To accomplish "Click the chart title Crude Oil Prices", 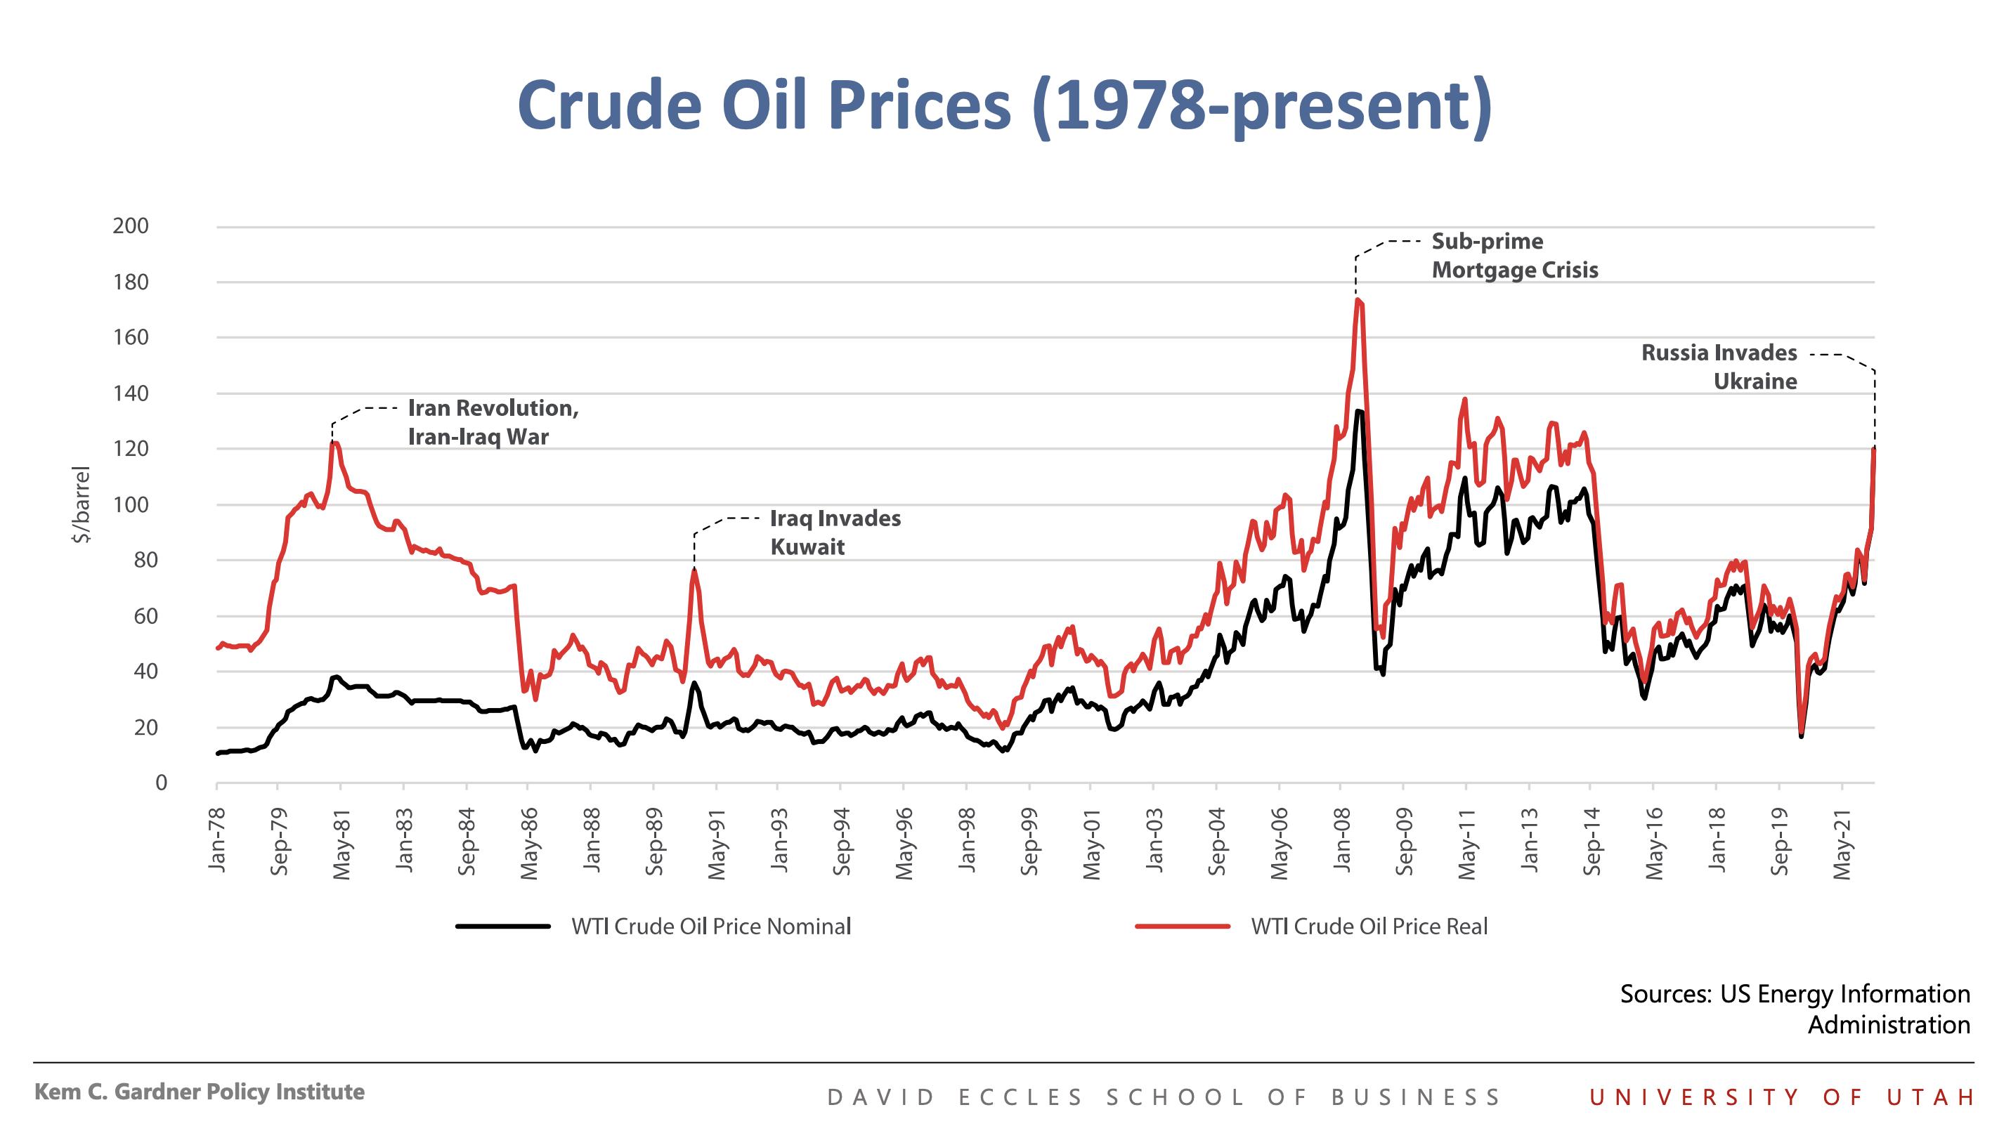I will (x=1004, y=105).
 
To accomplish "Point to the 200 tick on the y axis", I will (x=131, y=226).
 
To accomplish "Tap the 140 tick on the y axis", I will (x=131, y=393).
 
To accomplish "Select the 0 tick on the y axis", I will (x=161, y=783).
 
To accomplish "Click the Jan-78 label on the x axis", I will (x=217, y=840).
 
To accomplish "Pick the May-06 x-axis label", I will (x=1279, y=844).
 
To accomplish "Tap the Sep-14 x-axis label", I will (x=1592, y=843).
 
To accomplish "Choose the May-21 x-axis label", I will (x=1842, y=844).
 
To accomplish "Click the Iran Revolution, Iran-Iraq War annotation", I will (x=493, y=422).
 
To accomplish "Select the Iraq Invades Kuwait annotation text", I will (x=835, y=532).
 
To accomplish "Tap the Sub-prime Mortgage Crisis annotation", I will (x=1514, y=255).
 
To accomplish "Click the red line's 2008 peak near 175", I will (x=1358, y=299).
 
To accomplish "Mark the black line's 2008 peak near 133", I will (x=1359, y=412).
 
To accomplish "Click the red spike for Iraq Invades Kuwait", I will (x=694, y=570).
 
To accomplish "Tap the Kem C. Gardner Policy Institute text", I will (x=199, y=1092).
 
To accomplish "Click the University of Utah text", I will (x=1781, y=1097).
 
